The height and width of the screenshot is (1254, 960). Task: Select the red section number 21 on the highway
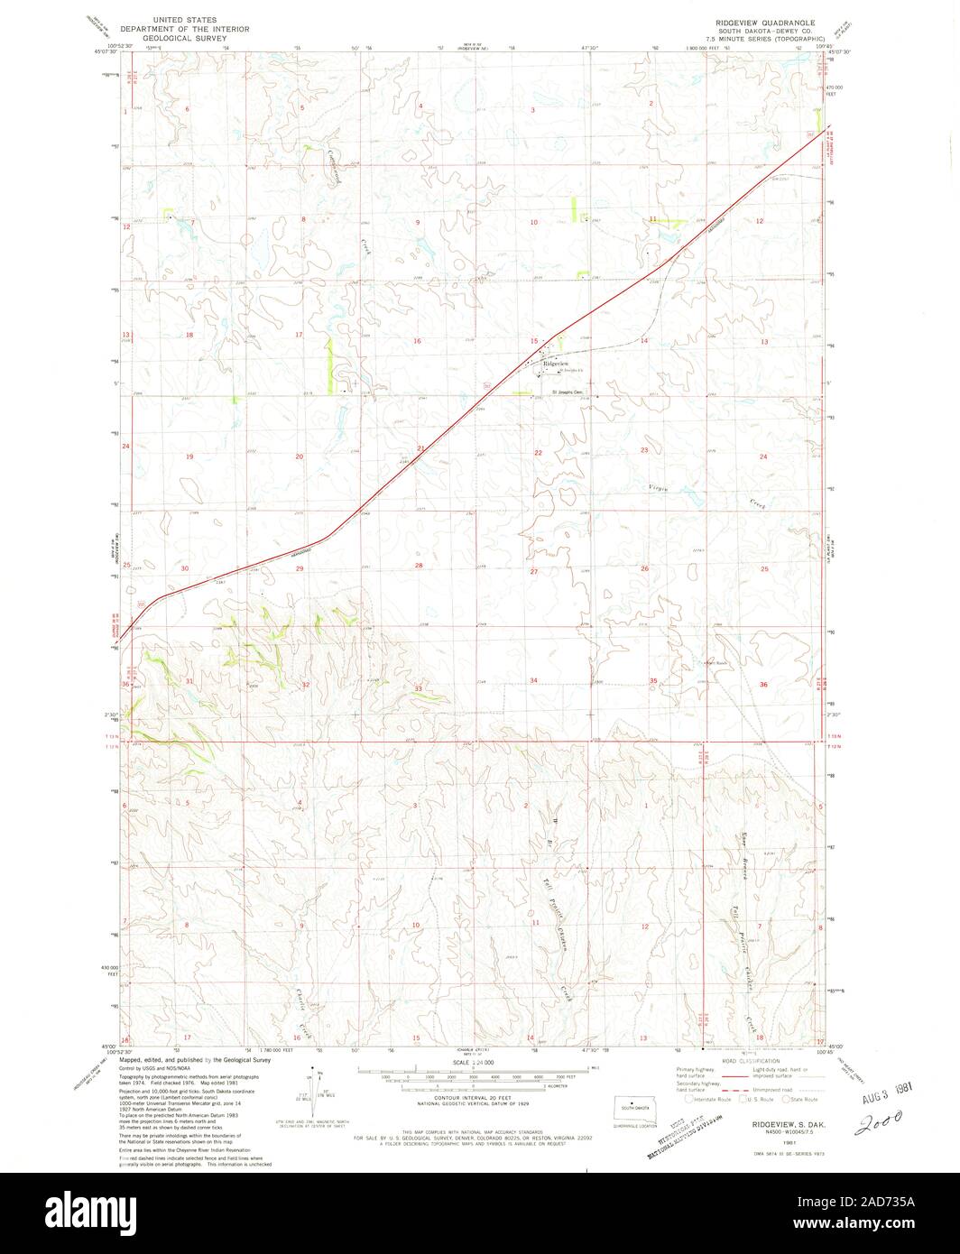[420, 448]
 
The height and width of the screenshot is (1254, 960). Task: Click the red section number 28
[419, 566]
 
